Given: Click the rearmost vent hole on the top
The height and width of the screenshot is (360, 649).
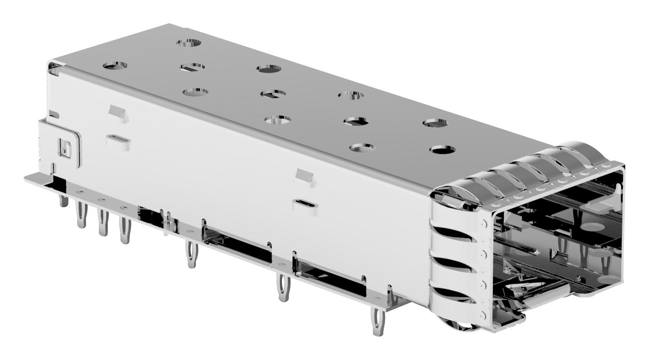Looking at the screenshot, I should pyautogui.click(x=189, y=43).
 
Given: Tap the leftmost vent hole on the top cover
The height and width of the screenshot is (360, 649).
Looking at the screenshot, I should pyautogui.click(x=115, y=64).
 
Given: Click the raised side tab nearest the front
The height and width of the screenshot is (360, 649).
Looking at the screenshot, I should pyautogui.click(x=304, y=177).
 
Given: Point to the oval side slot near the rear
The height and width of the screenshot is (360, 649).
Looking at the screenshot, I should pyautogui.click(x=119, y=140).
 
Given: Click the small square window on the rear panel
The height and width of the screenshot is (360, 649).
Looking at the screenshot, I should pyautogui.click(x=65, y=146).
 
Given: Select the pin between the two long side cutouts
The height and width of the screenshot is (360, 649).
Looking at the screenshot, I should pyautogui.click(x=283, y=290).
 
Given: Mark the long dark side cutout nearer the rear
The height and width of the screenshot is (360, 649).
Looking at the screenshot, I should pyautogui.click(x=238, y=245).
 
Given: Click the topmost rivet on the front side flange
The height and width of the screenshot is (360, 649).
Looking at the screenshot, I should pyautogui.click(x=484, y=223).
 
